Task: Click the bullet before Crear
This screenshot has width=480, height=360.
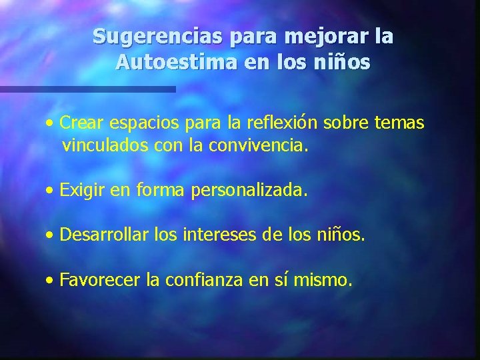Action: tap(51, 123)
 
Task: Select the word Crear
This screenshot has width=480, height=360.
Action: tap(79, 123)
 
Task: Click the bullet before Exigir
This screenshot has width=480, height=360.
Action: tap(51, 191)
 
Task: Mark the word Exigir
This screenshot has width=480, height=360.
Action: tap(79, 191)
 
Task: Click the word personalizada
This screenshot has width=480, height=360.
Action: tap(249, 191)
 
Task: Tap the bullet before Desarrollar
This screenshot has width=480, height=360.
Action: tap(51, 235)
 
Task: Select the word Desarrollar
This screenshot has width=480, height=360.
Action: tap(104, 235)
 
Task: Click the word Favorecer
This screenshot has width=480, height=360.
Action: tap(99, 280)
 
